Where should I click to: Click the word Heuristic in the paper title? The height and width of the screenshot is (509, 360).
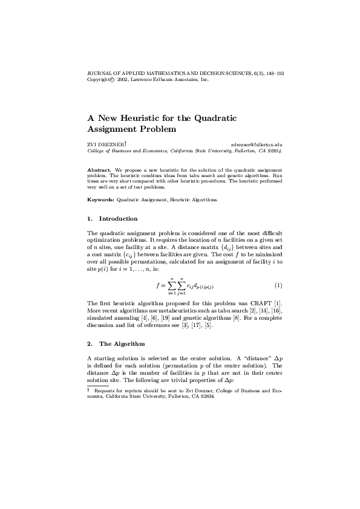pos(136,117)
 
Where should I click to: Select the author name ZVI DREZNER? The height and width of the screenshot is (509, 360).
pos(105,145)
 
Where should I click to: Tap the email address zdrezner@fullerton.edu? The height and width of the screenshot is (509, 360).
pos(257,145)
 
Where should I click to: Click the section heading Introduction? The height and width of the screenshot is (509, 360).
pos(118,218)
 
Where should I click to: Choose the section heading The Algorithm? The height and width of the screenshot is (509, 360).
pos(122,343)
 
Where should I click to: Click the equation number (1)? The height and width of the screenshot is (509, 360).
pos(278,285)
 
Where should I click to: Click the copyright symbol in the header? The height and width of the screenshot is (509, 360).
pos(111,79)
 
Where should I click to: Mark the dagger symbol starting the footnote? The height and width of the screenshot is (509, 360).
pos(89,391)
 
